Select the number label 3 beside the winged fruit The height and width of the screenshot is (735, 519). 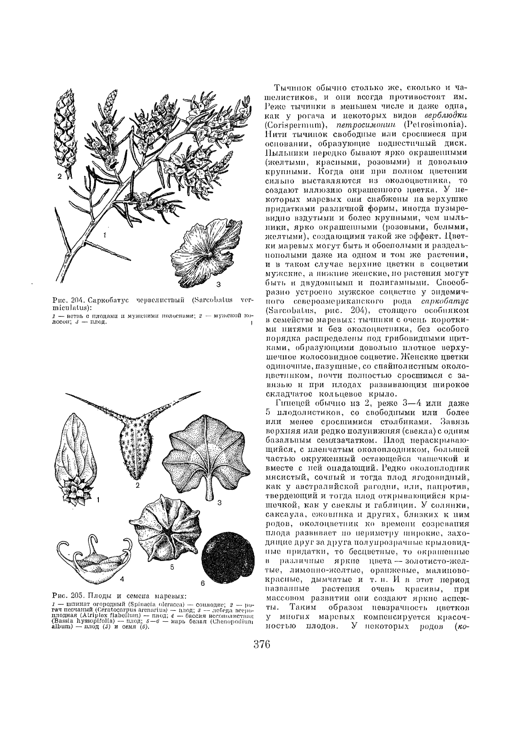pyautogui.click(x=218, y=285)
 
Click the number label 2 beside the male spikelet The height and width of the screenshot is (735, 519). pyautogui.click(x=59, y=176)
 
